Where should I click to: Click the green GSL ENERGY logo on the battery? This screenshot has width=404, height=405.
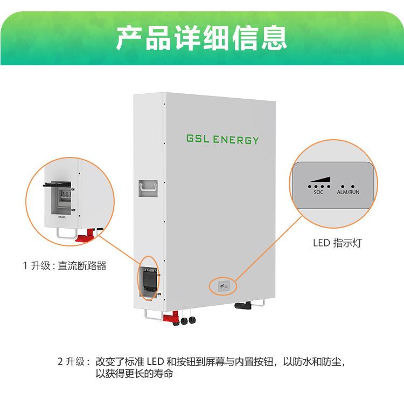(222, 140)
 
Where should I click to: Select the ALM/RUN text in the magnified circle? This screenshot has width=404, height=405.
(348, 192)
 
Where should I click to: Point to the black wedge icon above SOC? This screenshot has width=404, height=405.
(319, 179)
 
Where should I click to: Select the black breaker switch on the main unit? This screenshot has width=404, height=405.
(149, 279)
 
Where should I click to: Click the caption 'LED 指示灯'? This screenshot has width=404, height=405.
(337, 243)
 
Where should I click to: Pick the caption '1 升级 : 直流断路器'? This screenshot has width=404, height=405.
(65, 266)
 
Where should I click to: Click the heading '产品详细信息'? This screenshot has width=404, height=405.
(201, 37)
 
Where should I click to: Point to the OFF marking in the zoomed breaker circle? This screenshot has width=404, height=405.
(73, 210)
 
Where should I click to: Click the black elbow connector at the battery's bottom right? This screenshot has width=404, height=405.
(243, 306)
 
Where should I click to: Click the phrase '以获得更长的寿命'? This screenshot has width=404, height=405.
(134, 373)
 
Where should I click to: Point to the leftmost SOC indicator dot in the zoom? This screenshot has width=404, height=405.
(309, 186)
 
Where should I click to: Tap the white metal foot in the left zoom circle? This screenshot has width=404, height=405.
(64, 234)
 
